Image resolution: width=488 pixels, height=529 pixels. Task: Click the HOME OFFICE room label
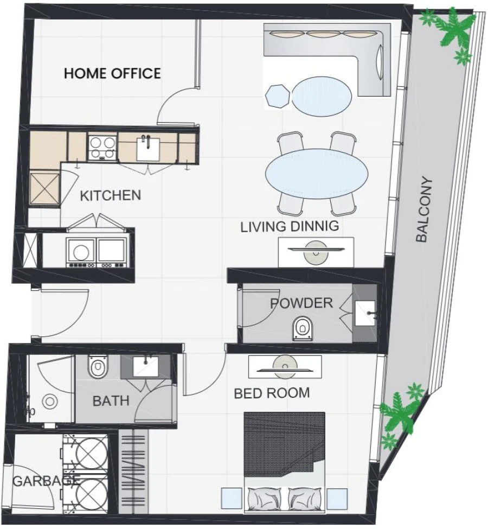pos(112,73)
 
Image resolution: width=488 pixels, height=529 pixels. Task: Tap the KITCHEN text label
pos(110,195)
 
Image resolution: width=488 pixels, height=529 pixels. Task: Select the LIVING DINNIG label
pos(290,226)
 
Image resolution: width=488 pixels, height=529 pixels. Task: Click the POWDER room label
pos(301,303)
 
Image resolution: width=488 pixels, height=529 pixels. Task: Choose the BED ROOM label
pos(272,393)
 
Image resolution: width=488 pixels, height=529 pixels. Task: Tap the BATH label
pos(111,401)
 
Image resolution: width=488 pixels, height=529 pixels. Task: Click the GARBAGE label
pos(46,480)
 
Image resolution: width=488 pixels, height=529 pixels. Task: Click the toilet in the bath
pos(98,368)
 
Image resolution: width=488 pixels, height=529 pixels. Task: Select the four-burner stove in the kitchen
pos(102,146)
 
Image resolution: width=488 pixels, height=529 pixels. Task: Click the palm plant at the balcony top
pos(452,33)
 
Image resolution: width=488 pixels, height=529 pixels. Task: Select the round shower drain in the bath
pos(50,402)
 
